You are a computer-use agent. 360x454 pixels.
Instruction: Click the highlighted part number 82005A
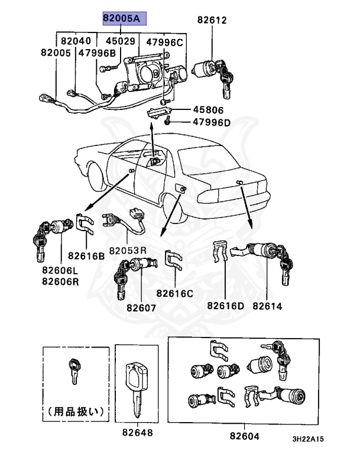(121, 19)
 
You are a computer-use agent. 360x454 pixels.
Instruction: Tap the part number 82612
(212, 21)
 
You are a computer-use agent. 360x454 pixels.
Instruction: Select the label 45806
(206, 110)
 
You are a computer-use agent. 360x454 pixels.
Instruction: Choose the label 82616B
(86, 256)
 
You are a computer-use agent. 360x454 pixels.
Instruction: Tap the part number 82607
(141, 307)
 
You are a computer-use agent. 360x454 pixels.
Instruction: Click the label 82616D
(226, 306)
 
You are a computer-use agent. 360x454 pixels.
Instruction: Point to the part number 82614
(267, 306)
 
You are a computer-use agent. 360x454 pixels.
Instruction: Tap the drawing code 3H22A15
(307, 440)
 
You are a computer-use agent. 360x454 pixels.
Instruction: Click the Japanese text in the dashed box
(74, 409)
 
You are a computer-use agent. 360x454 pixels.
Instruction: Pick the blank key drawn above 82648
(138, 385)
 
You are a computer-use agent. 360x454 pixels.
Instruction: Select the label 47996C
(165, 41)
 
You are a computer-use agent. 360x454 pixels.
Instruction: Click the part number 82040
(76, 41)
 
